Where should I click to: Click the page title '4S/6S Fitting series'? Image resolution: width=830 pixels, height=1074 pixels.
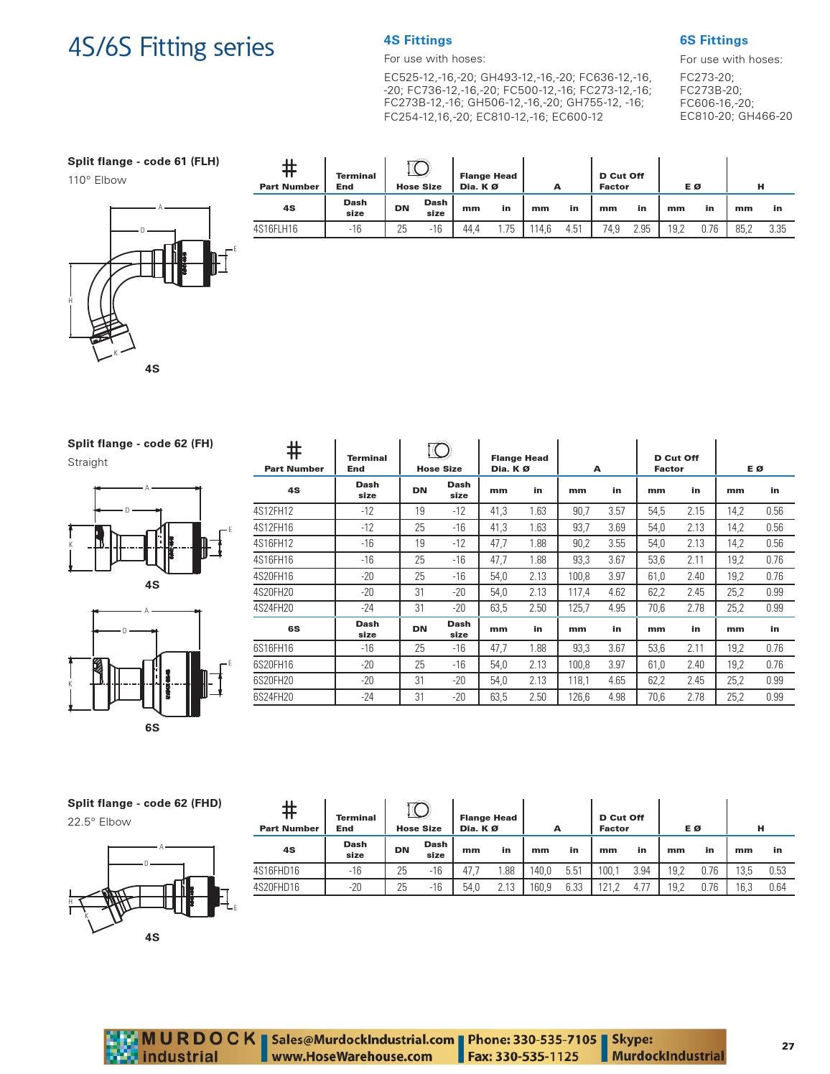point(171,47)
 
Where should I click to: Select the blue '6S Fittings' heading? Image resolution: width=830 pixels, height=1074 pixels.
point(713,41)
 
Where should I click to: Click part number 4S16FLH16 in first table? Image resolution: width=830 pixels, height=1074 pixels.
point(276,229)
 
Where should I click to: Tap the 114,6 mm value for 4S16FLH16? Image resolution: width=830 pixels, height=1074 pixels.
point(540,229)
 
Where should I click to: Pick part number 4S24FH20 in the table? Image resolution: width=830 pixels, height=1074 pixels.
point(274,608)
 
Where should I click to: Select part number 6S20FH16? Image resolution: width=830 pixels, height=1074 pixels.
point(274,665)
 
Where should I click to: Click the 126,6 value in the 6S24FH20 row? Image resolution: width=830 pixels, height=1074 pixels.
point(578,697)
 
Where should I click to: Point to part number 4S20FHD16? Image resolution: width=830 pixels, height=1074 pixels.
point(276,887)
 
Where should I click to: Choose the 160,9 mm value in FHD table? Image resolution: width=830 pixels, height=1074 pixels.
point(540,887)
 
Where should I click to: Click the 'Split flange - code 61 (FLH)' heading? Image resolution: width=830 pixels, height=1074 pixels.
point(144,162)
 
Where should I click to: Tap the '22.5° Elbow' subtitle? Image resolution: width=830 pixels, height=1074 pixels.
point(99,822)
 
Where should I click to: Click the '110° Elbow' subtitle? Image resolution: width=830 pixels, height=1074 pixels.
point(97,180)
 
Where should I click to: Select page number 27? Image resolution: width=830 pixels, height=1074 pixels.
point(788,1046)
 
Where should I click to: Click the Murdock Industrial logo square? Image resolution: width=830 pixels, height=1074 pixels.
point(121,1047)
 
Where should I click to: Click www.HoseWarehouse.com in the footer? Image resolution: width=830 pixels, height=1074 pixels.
point(352,1056)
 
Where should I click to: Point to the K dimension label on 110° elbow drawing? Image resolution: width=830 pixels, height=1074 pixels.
point(116,353)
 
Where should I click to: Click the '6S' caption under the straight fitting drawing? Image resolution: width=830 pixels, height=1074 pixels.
point(152,727)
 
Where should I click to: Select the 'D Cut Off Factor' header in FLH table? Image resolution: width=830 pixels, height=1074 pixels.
point(621,181)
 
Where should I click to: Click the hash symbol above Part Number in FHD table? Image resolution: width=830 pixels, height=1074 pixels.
point(289,810)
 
